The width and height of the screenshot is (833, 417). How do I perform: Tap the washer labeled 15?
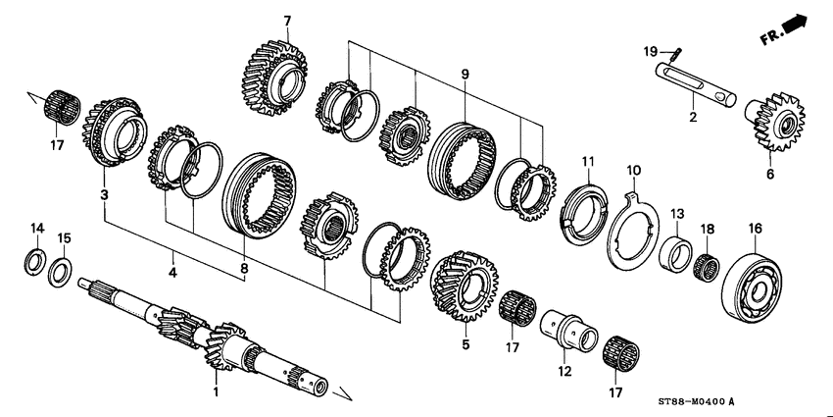point(61,271)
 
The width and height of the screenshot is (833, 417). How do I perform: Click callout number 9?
point(465,73)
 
